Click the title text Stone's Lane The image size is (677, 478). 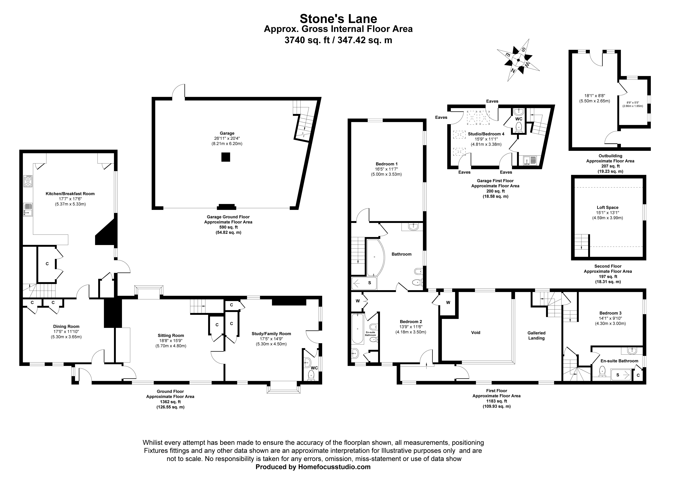click(338, 19)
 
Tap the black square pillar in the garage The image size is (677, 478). click(226, 157)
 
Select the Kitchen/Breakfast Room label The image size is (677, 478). click(70, 194)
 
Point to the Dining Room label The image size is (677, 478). click(66, 326)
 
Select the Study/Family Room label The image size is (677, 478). click(271, 334)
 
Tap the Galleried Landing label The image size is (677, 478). click(536, 335)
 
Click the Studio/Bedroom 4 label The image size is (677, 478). click(486, 134)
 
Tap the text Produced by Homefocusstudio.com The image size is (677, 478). click(313, 467)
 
